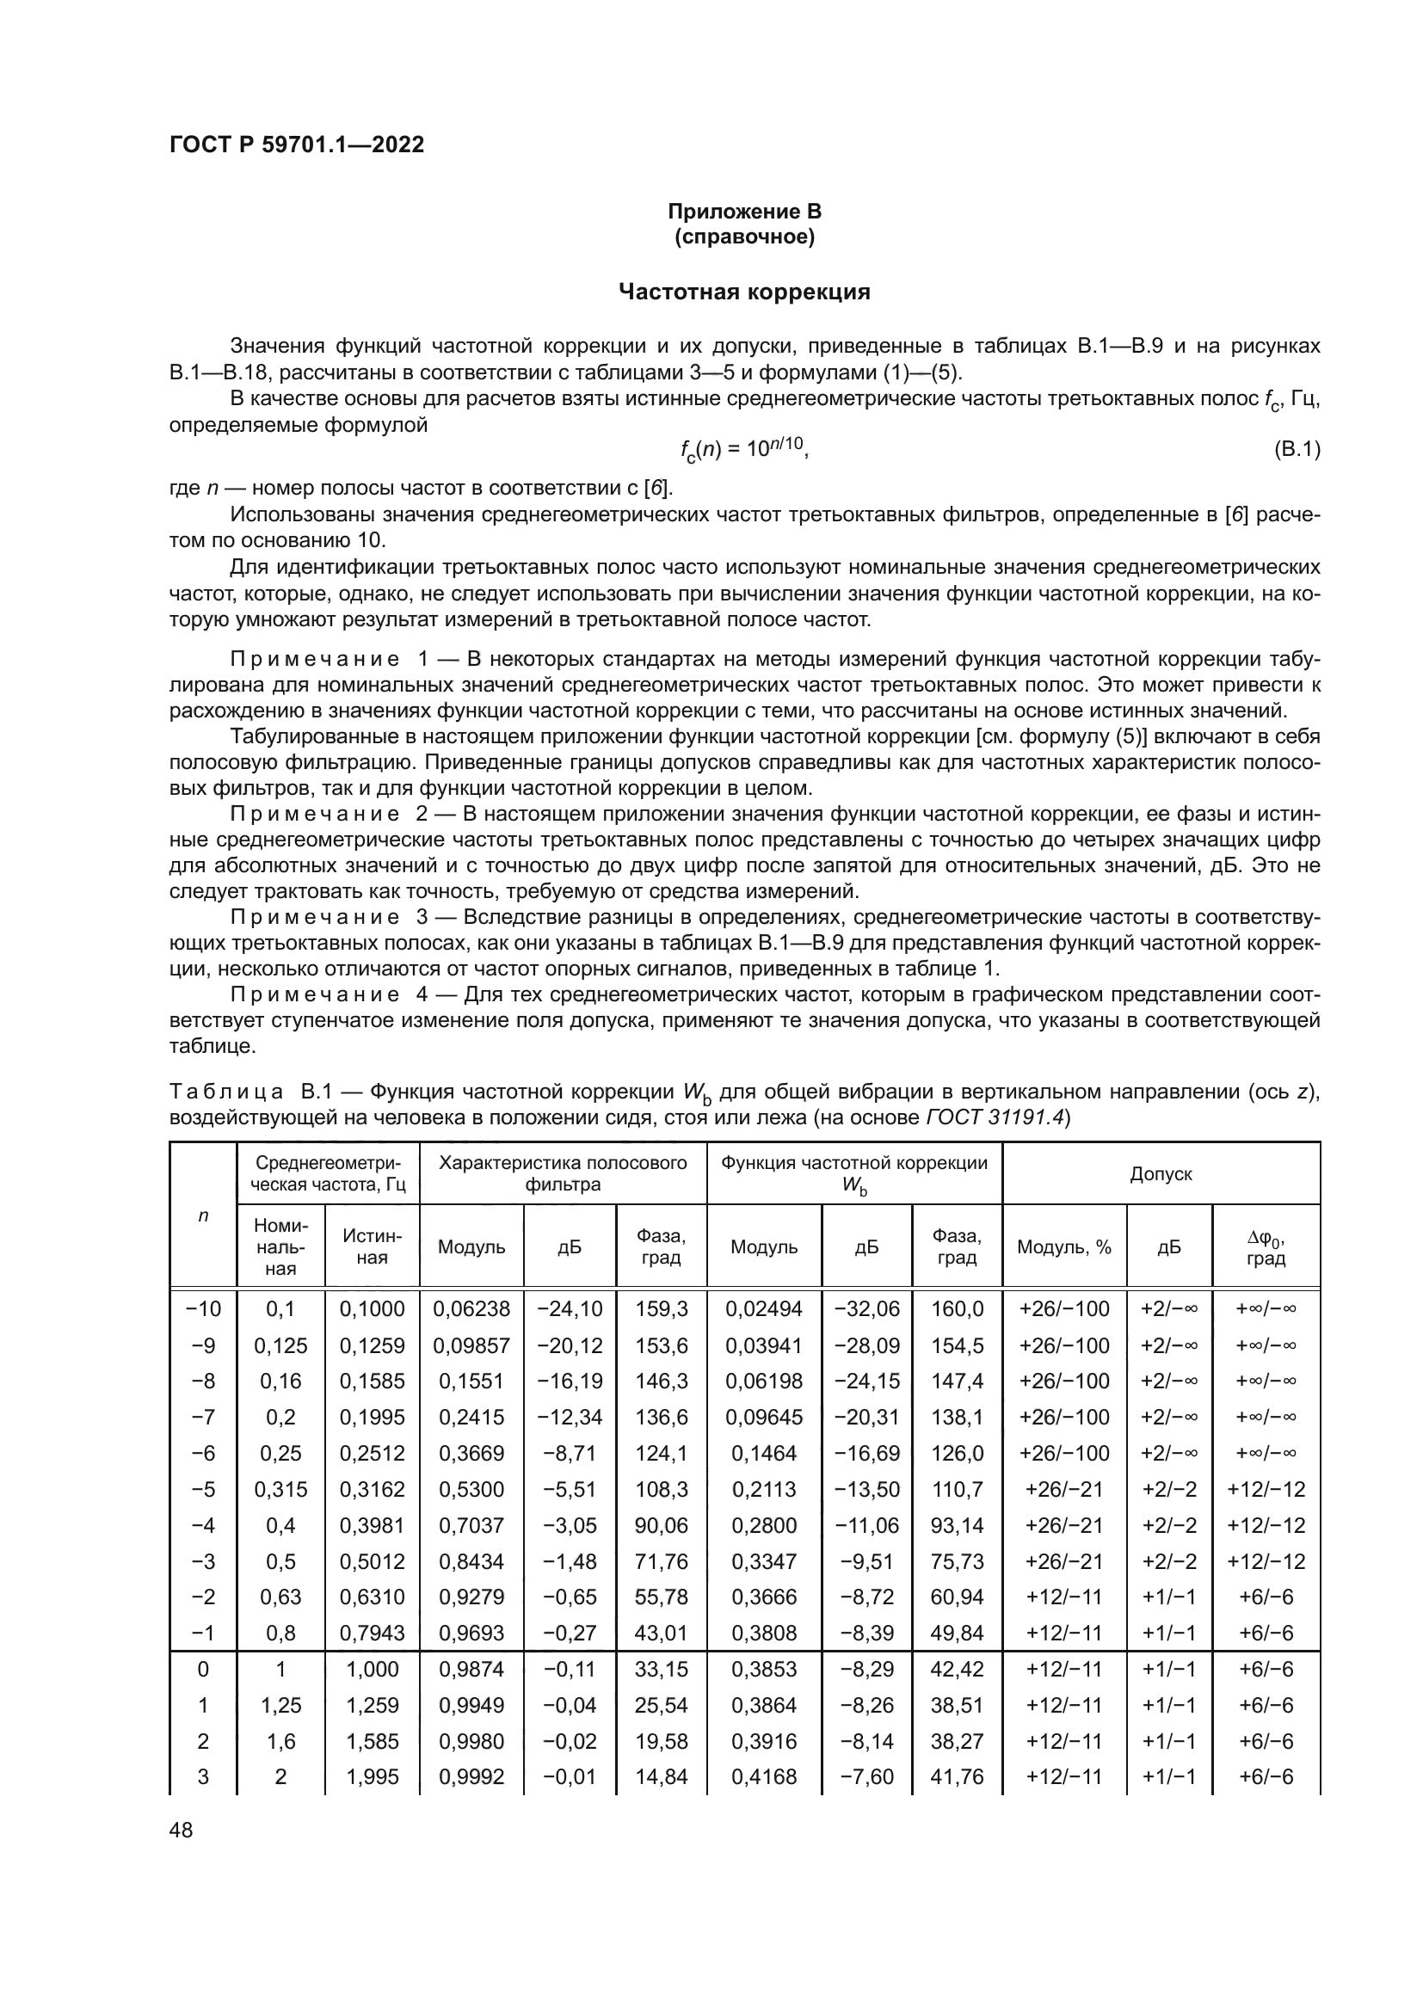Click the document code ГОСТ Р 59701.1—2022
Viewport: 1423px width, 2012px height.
[296, 145]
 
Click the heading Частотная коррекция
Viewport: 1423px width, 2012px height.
[744, 292]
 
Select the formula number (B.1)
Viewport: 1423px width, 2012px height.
[1295, 451]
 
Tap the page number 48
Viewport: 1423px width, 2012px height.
[181, 1830]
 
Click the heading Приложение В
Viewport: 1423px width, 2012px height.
[744, 212]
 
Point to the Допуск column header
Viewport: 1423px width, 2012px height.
[1160, 1173]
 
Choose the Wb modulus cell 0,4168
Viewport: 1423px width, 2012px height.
[763, 1777]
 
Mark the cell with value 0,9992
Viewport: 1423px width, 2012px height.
[471, 1777]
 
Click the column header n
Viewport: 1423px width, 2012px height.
[202, 1215]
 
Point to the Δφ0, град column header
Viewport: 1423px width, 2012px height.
[1266, 1247]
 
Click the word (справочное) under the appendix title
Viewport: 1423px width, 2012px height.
[744, 237]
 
